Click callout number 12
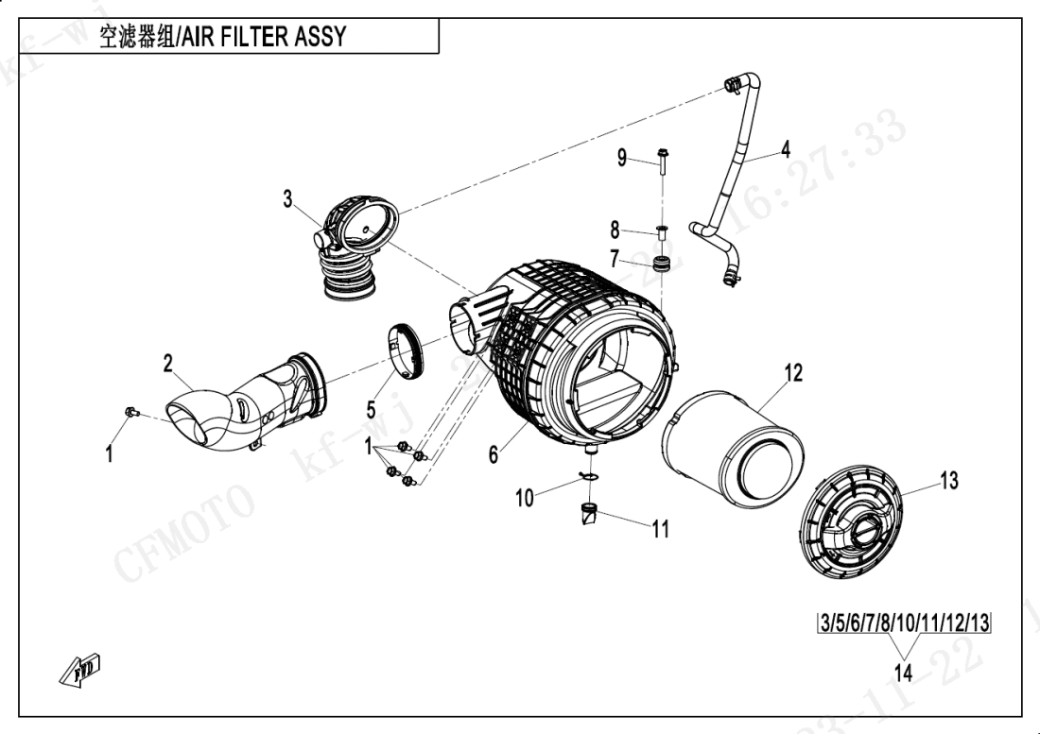pyautogui.click(x=792, y=372)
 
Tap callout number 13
pyautogui.click(x=948, y=481)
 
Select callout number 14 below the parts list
pyautogui.click(x=903, y=674)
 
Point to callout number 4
pyautogui.click(x=785, y=148)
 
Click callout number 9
pyautogui.click(x=622, y=157)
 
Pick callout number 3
pyautogui.click(x=288, y=198)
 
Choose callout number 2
pyautogui.click(x=167, y=362)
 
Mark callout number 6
pyautogui.click(x=493, y=454)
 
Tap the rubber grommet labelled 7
pyautogui.click(x=667, y=261)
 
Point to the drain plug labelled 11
pyautogui.click(x=588, y=517)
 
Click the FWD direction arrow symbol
pyautogui.click(x=84, y=669)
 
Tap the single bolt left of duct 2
pyautogui.click(x=131, y=411)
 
